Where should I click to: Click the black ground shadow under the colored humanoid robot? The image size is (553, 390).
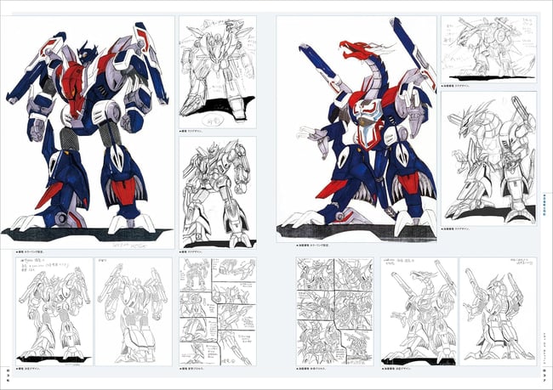pos(85,232)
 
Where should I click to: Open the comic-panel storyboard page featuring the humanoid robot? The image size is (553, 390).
pos(217,312)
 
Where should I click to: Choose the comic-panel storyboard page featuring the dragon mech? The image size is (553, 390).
pos(334,311)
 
